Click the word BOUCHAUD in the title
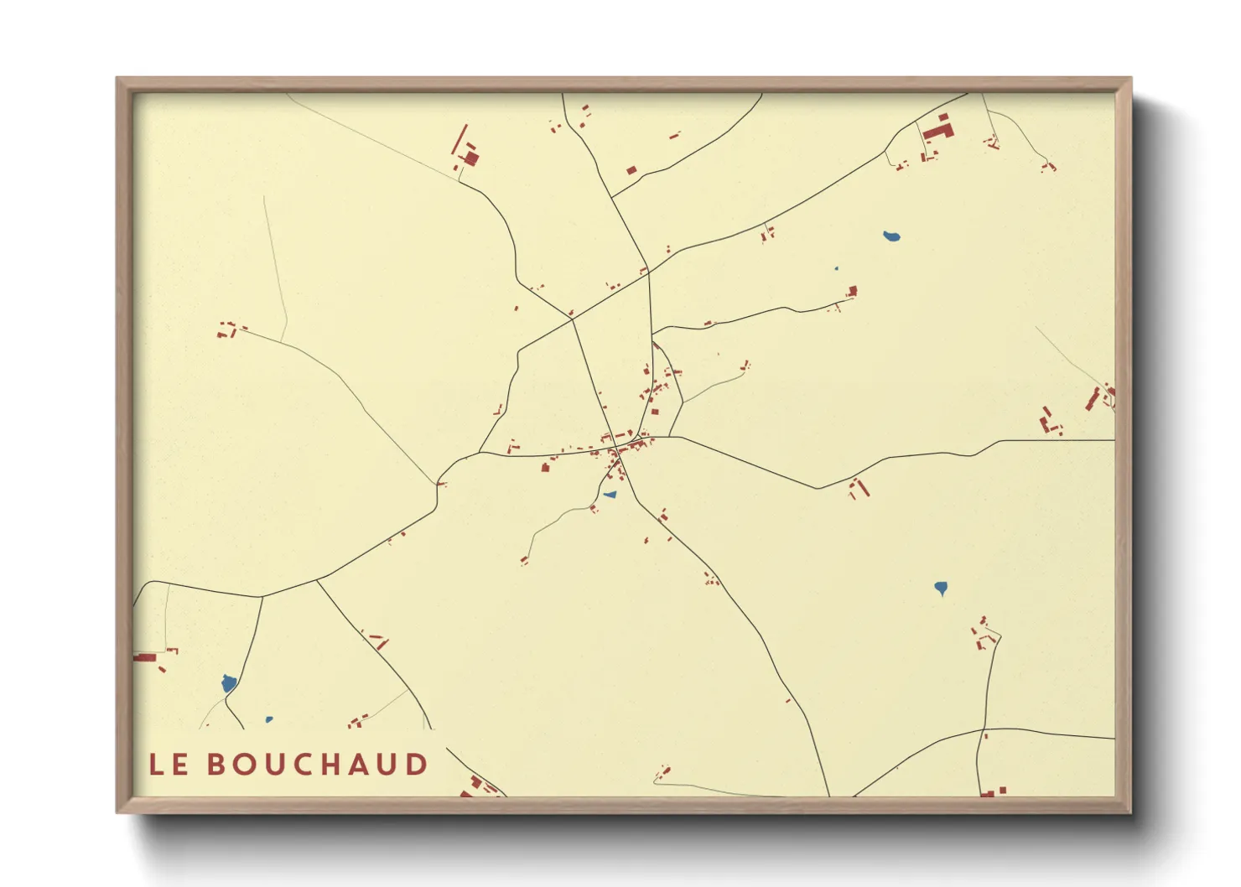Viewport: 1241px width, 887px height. pyautogui.click(x=317, y=765)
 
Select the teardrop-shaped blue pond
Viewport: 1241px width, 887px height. pyautogui.click(x=941, y=588)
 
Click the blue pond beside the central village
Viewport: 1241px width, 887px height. pyautogui.click(x=610, y=495)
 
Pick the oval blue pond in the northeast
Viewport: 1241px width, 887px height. pyautogui.click(x=891, y=236)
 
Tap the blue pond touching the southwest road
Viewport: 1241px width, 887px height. pyautogui.click(x=228, y=683)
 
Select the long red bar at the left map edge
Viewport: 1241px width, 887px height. pyautogui.click(x=144, y=657)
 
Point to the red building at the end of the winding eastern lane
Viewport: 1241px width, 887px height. pyautogui.click(x=852, y=291)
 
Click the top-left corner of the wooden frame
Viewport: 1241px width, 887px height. pyautogui.click(x=117, y=79)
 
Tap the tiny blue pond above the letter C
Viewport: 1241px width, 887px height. pyautogui.click(x=268, y=719)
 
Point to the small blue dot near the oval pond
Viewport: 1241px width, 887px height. pyautogui.click(x=836, y=269)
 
